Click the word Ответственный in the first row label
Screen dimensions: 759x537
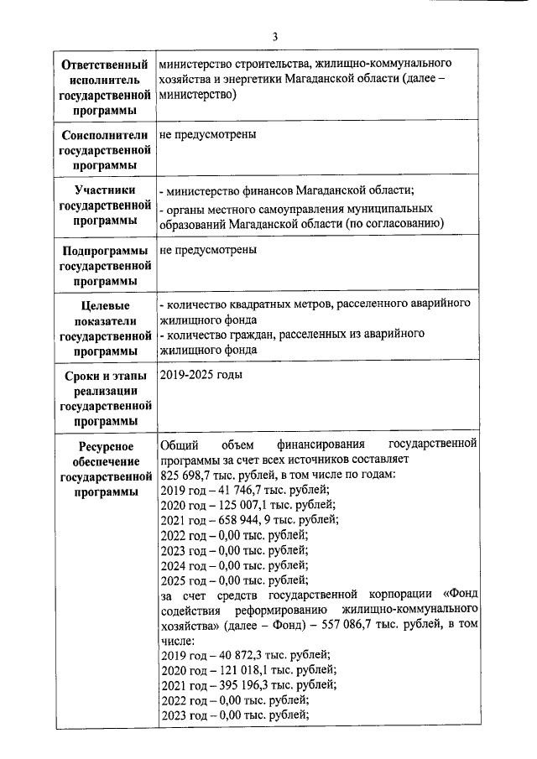(104, 65)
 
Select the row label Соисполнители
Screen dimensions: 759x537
(104, 135)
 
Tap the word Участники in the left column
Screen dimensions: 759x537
(104, 190)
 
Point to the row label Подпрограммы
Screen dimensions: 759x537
(104, 251)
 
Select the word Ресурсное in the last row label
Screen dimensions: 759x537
(104, 445)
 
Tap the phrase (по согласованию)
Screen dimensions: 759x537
(393, 222)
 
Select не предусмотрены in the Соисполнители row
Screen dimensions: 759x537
(207, 134)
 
